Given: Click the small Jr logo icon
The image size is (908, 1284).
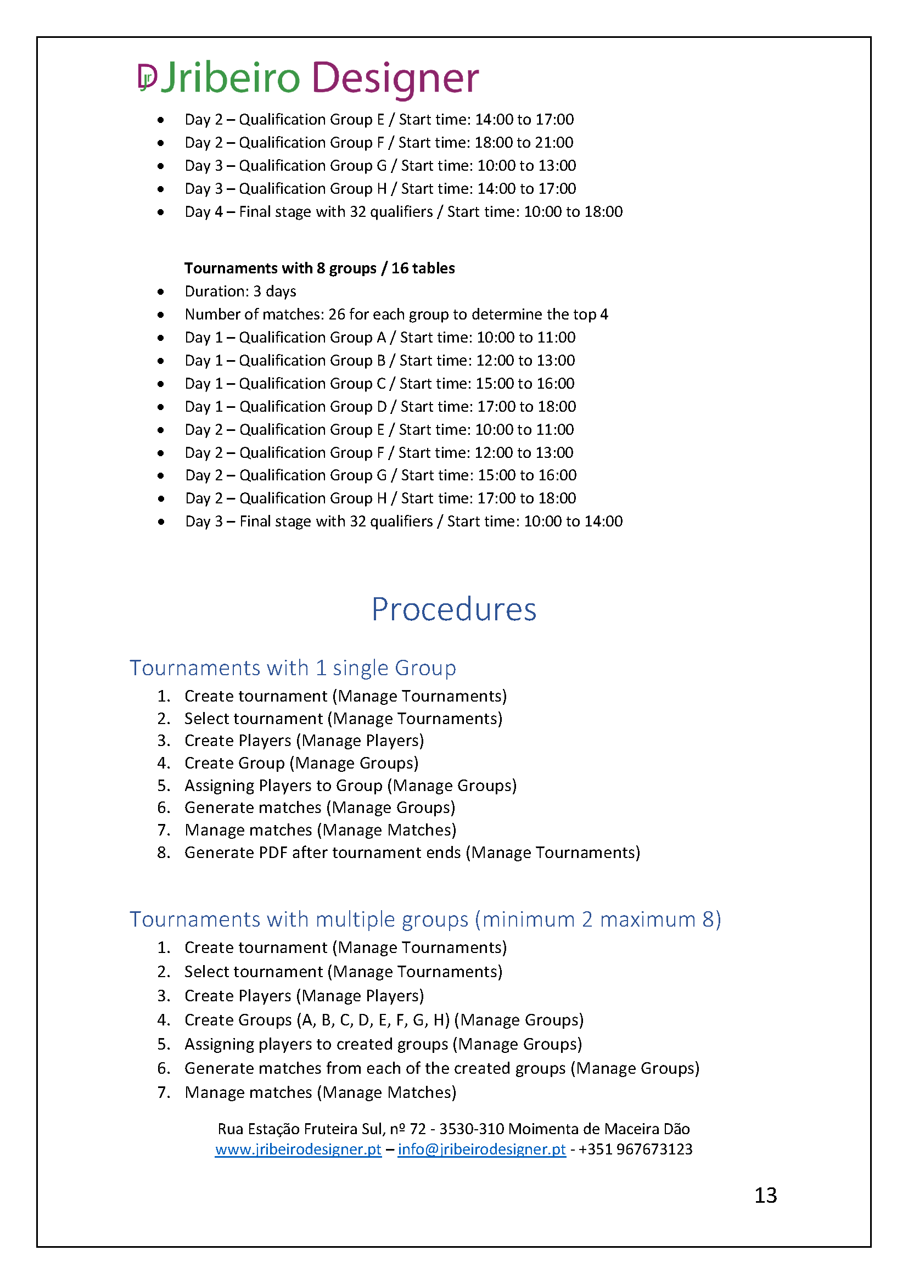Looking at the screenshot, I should pyautogui.click(x=148, y=77).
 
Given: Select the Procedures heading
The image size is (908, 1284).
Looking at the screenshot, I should pyautogui.click(x=453, y=609).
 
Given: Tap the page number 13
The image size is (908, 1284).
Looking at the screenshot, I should pyautogui.click(x=765, y=1195).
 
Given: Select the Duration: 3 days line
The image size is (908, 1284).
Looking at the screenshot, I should pyautogui.click(x=240, y=291).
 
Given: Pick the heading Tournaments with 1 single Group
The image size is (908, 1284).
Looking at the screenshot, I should pyautogui.click(x=293, y=668).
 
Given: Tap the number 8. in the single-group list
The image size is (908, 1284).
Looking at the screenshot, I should pyautogui.click(x=163, y=853).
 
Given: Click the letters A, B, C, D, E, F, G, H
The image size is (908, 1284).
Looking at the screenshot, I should pyautogui.click(x=373, y=1020).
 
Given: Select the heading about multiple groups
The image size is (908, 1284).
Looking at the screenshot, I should pyautogui.click(x=425, y=919).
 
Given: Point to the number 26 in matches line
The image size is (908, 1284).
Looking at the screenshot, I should pyautogui.click(x=337, y=315).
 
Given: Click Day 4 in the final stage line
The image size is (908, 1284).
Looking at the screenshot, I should pyautogui.click(x=204, y=212).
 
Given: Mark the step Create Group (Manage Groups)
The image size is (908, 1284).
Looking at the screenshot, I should pyautogui.click(x=301, y=763).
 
